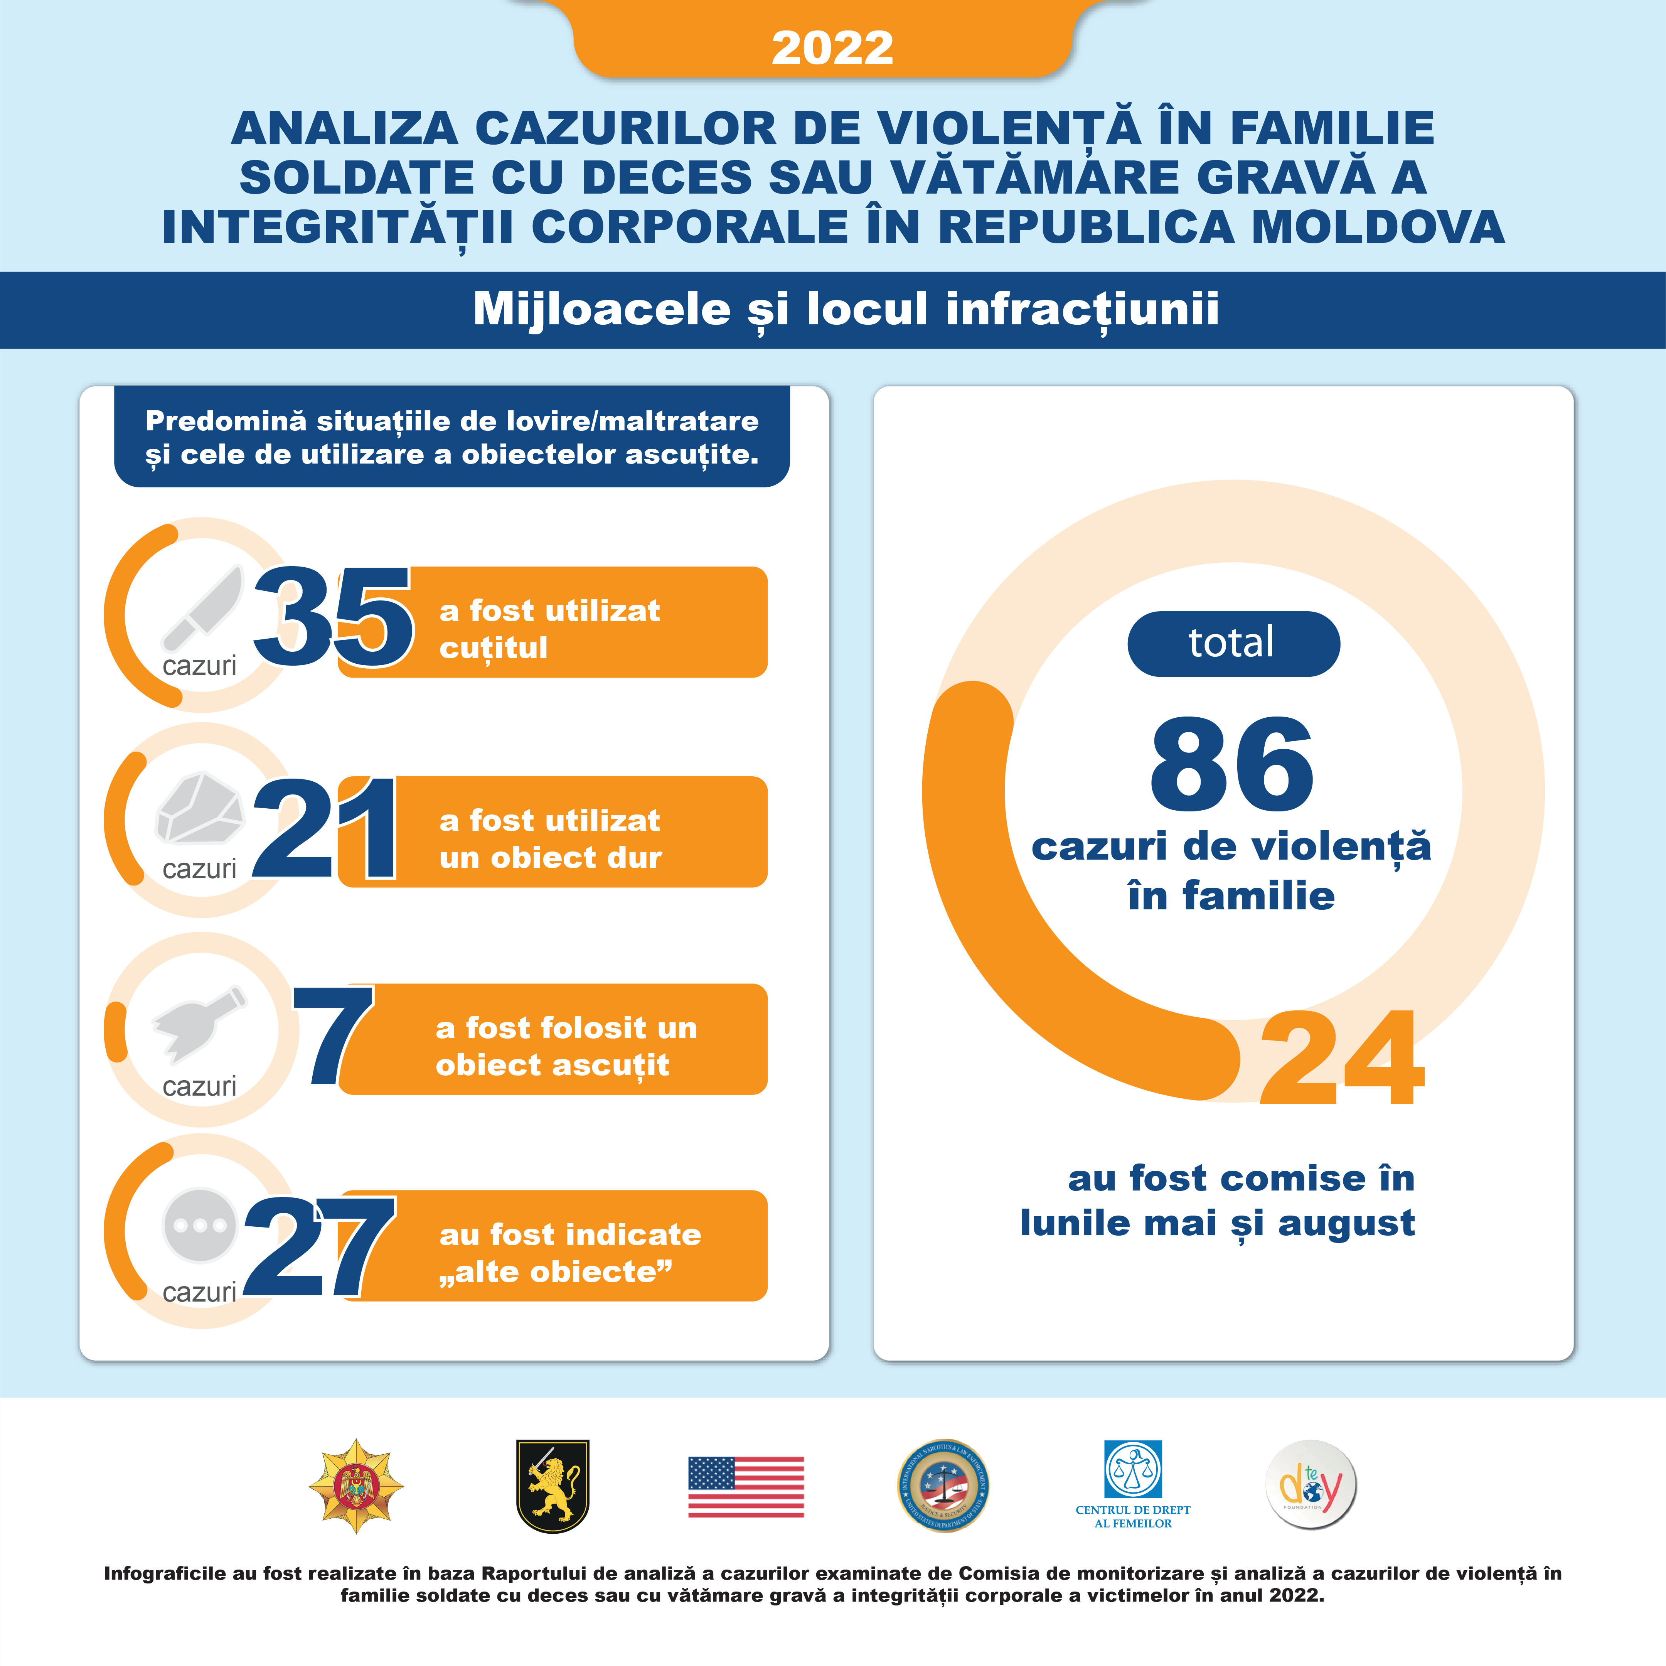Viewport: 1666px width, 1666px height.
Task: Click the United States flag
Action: click(746, 1487)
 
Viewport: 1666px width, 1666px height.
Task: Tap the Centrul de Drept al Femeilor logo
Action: click(1133, 1483)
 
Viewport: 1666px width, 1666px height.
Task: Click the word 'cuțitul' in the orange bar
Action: click(493, 648)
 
